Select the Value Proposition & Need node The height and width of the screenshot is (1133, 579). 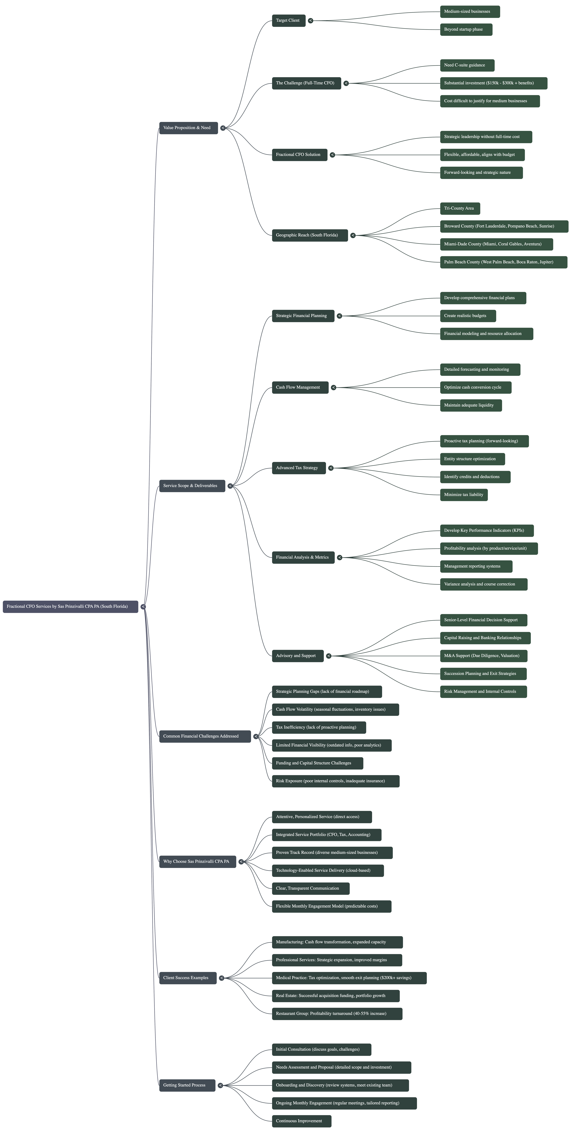point(188,128)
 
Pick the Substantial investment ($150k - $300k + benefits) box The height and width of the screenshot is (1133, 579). point(493,83)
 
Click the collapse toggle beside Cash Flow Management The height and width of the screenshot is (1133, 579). point(333,387)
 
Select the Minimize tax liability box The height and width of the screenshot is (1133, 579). point(464,495)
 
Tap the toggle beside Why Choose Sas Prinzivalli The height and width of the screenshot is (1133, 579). point(241,862)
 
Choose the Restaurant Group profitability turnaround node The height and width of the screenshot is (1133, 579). point(337,1014)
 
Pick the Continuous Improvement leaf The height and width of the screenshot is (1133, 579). point(301,1121)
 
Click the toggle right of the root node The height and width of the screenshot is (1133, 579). point(143,606)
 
